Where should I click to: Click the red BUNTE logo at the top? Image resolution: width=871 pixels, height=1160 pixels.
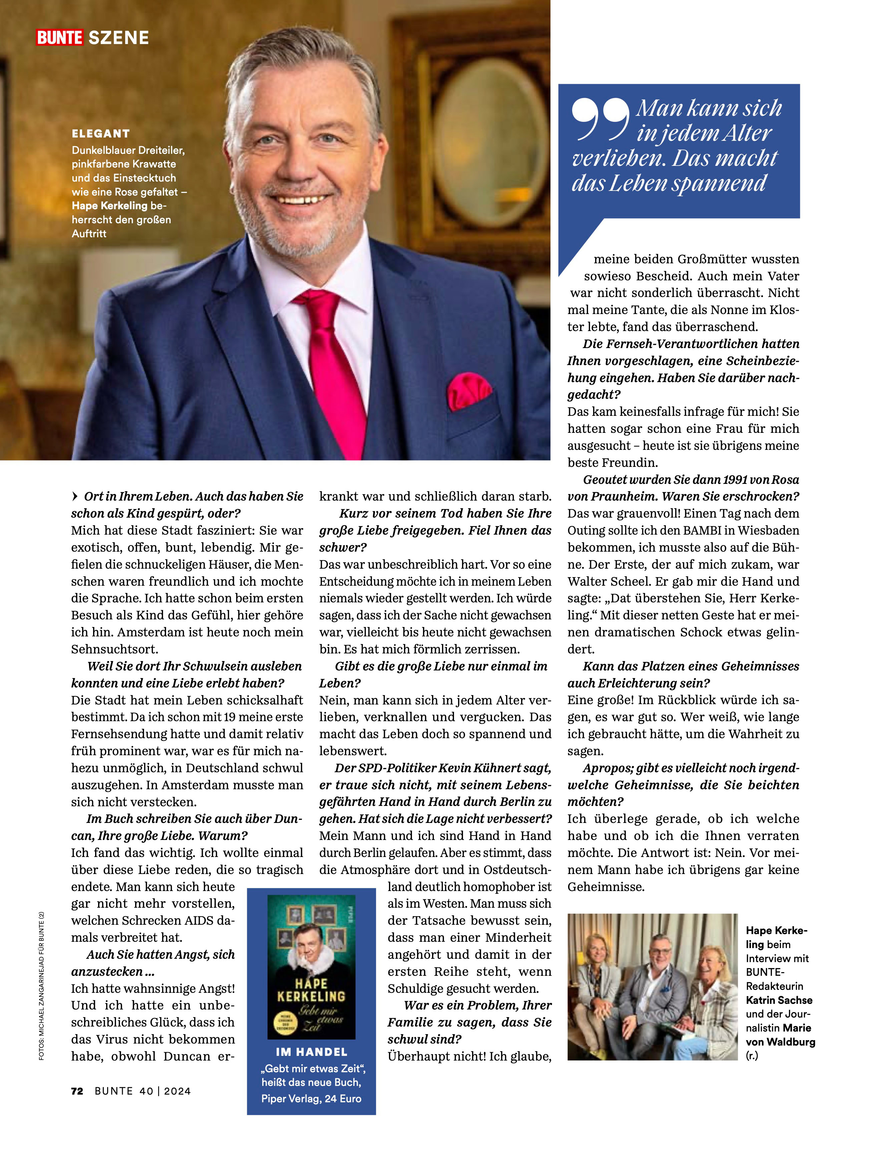pos(59,38)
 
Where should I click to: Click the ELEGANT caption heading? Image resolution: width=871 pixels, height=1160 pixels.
pos(101,134)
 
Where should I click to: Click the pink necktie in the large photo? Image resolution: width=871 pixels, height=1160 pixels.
pos(335,367)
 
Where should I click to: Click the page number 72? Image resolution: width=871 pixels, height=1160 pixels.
pos(77,1091)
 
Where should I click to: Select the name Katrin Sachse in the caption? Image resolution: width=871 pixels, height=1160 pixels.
pos(779,1000)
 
